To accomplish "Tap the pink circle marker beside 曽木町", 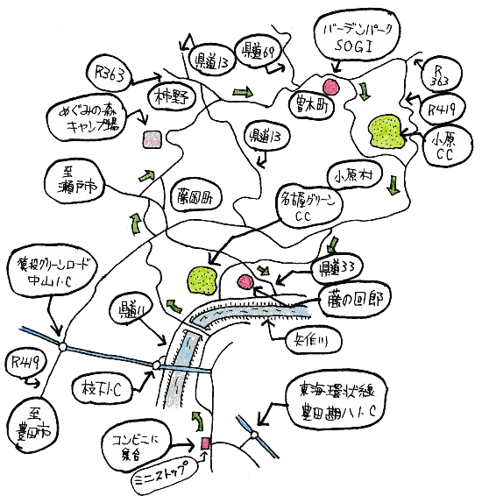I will [331, 86].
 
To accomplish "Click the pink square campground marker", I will [152, 139].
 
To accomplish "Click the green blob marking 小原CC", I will [386, 131].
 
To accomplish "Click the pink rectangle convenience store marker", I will [205, 443].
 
